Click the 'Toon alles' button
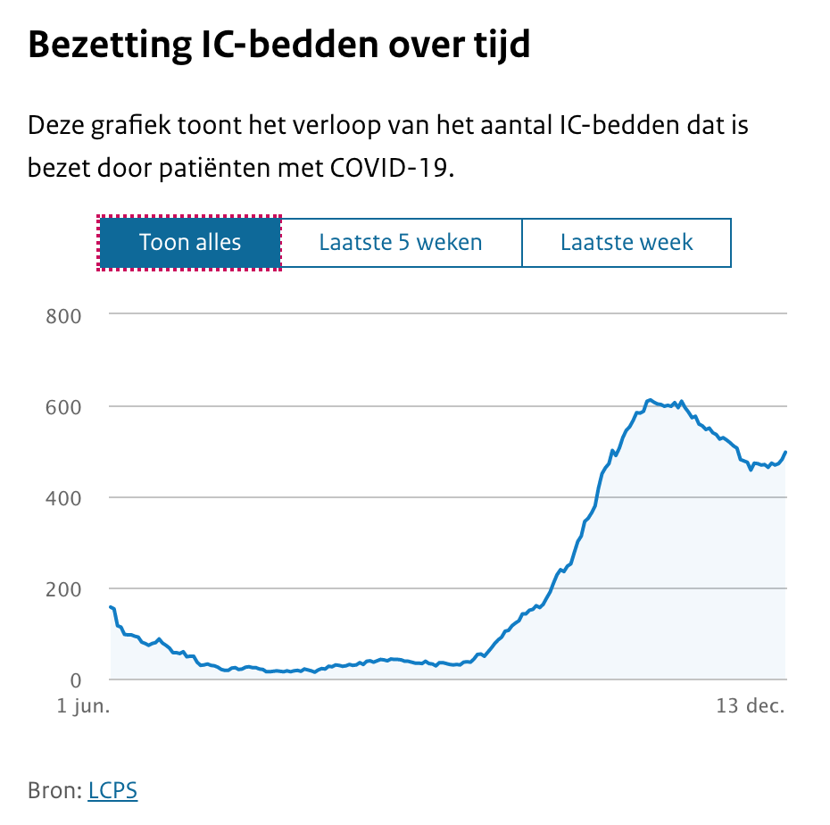point(190,242)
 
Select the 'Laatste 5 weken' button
point(401,242)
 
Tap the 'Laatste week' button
point(627,242)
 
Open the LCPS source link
point(112,790)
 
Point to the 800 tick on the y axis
point(63,315)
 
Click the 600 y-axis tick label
point(63,406)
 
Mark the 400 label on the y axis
point(63,497)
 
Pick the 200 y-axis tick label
point(63,589)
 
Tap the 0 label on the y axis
point(76,680)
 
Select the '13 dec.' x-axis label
point(751,706)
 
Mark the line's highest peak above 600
point(650,400)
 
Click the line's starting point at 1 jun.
point(111,607)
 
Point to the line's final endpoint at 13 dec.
point(786,452)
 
